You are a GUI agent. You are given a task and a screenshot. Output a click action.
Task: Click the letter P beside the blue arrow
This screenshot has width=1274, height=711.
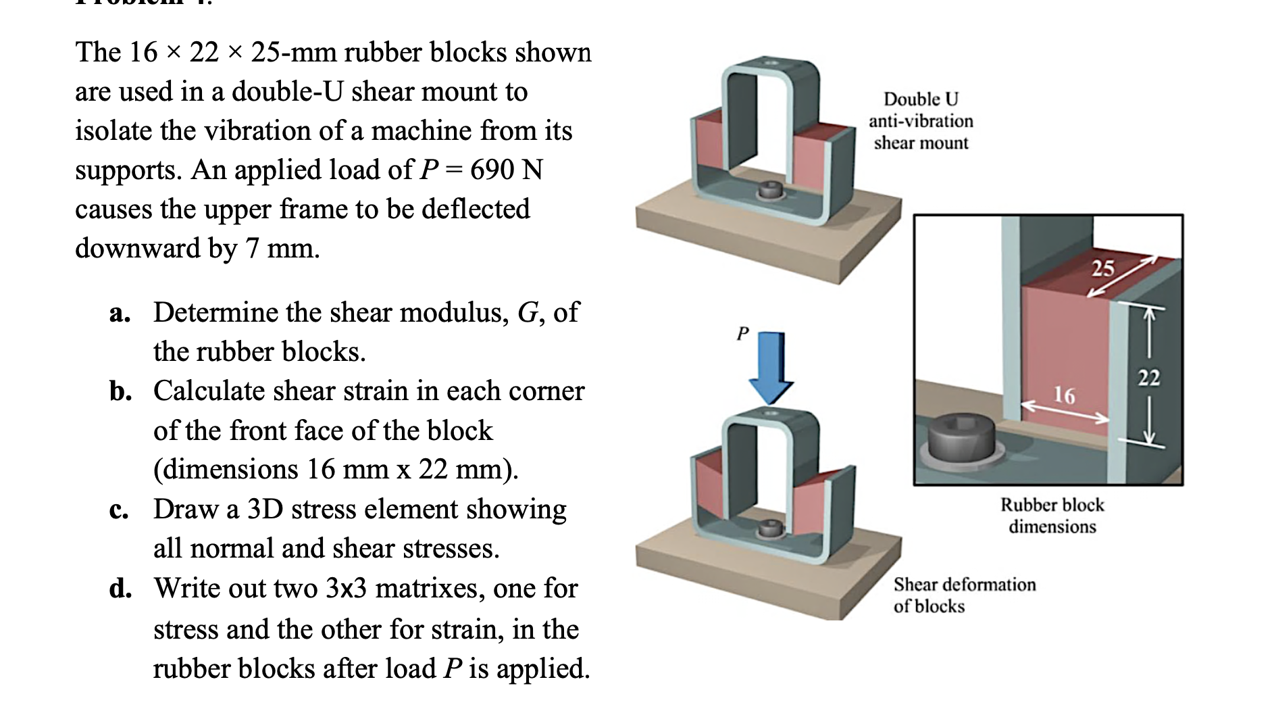tap(742, 333)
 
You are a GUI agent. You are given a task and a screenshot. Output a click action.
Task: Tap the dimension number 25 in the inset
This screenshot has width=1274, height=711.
tap(1102, 268)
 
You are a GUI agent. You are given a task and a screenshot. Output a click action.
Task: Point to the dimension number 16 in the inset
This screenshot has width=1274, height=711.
tap(1064, 395)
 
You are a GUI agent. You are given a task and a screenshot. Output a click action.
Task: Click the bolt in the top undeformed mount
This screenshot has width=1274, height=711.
tap(768, 191)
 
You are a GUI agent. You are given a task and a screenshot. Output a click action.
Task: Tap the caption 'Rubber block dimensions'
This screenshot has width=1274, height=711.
tap(1052, 515)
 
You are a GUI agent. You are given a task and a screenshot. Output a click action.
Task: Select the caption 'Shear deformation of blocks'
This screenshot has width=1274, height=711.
tap(964, 595)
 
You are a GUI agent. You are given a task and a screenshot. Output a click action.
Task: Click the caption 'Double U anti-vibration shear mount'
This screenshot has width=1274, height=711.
tap(921, 121)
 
